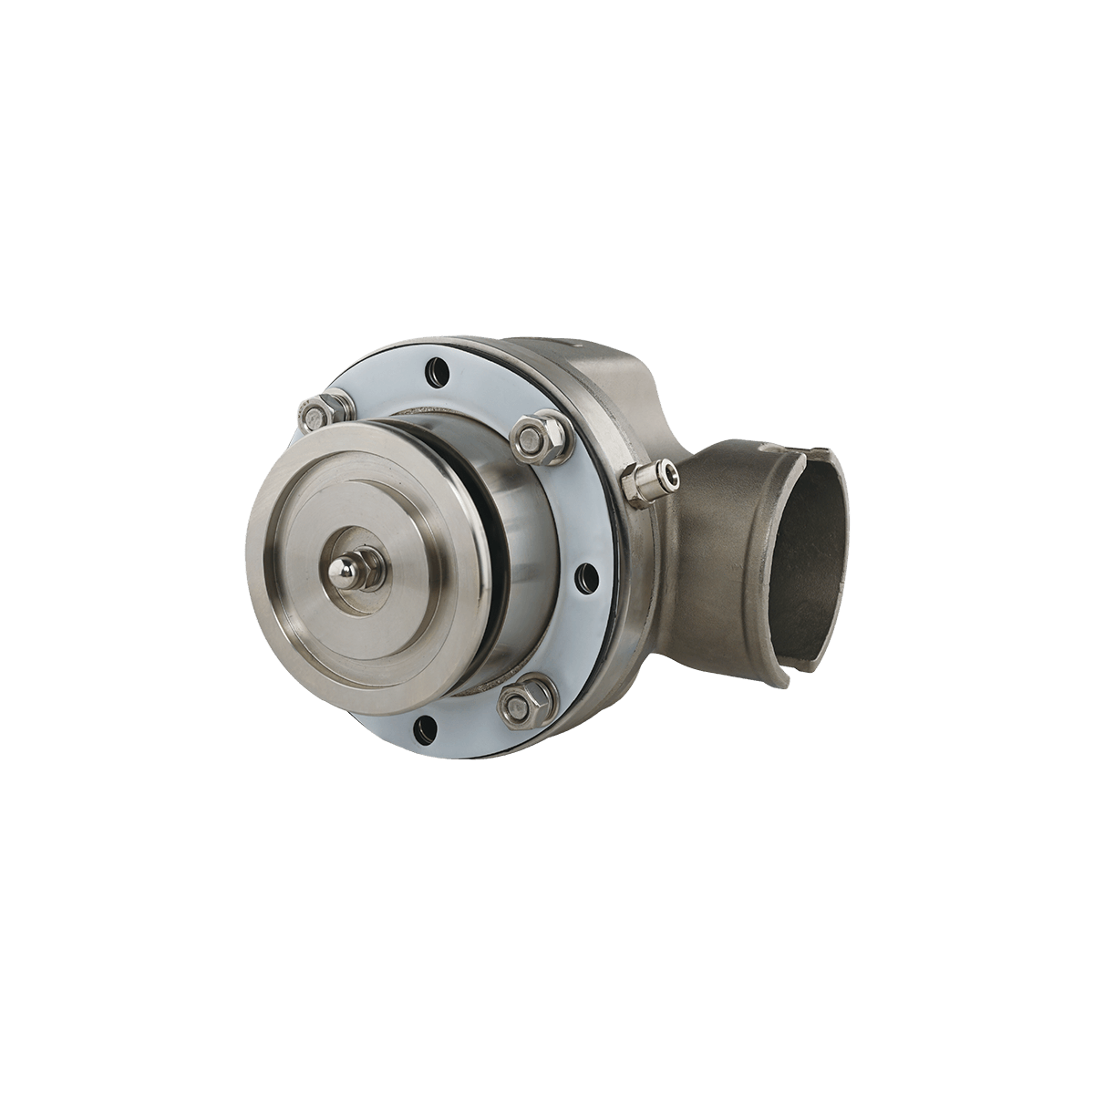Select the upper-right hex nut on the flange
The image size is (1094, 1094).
(x=530, y=437)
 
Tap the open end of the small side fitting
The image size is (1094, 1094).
(x=670, y=473)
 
